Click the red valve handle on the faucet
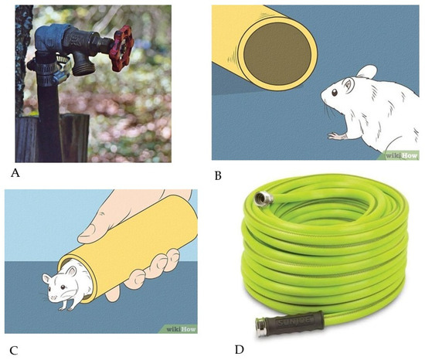(121, 48)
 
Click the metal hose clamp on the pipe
(50, 70)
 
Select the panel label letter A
(15, 172)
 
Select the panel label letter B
(218, 176)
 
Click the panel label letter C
(14, 351)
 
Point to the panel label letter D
(240, 350)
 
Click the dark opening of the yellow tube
(277, 53)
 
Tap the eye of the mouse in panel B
(335, 93)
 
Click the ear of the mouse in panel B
(367, 72)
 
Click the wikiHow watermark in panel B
(402, 156)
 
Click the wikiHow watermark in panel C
(181, 329)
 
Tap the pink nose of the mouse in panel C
(53, 297)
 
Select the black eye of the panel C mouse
(63, 287)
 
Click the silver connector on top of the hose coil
(263, 199)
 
